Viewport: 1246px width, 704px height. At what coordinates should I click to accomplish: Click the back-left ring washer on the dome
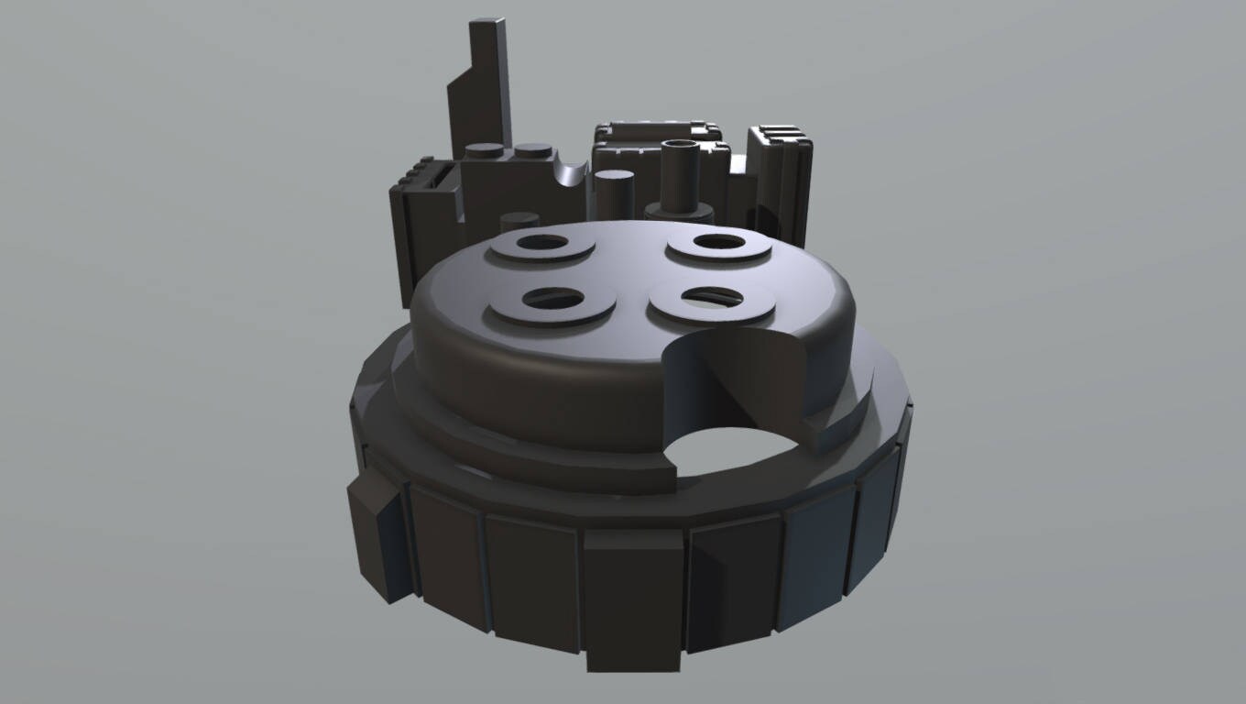click(x=541, y=246)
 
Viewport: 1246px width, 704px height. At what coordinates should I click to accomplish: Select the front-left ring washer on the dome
click(x=552, y=303)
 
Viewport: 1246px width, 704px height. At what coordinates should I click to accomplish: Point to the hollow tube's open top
click(x=679, y=147)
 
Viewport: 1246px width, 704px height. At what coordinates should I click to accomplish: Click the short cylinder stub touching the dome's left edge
click(x=519, y=222)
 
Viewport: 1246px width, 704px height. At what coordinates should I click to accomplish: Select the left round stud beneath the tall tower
click(x=484, y=152)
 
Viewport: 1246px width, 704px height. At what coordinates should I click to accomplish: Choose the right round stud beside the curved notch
click(x=532, y=151)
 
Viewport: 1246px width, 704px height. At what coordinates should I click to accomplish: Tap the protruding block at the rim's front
click(x=634, y=600)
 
